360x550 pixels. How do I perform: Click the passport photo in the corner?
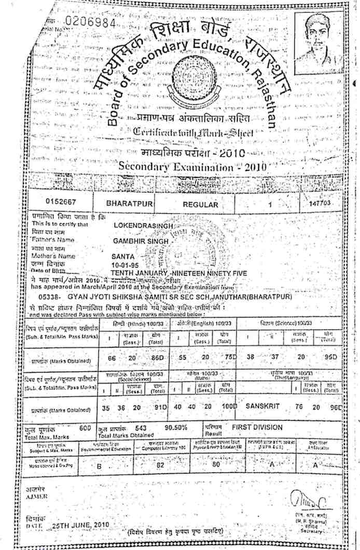pyautogui.click(x=318, y=38)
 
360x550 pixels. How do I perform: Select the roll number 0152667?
pyautogui.click(x=61, y=204)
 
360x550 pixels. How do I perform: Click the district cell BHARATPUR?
pyautogui.click(x=129, y=204)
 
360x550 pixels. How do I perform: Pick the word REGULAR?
pyautogui.click(x=201, y=205)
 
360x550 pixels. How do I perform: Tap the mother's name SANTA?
pyautogui.click(x=123, y=256)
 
